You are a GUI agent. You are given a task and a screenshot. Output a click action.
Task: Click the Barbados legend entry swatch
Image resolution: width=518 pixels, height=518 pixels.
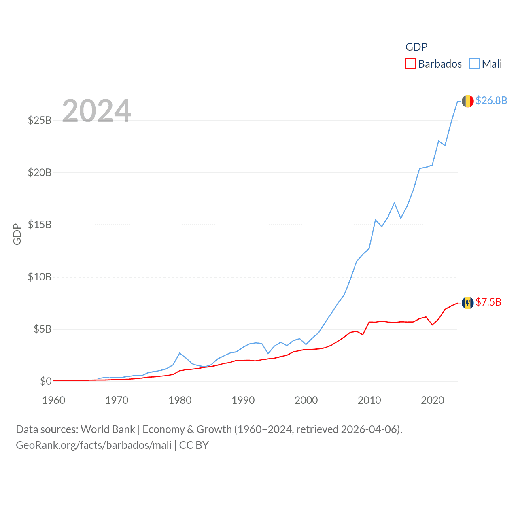click(411, 64)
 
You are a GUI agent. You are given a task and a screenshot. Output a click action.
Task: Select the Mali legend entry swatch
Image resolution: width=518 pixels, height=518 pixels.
click(475, 64)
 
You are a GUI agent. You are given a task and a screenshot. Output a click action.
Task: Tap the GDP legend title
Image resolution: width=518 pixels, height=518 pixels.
click(416, 47)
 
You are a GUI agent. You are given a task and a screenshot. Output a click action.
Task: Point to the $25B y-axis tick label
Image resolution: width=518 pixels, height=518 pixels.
click(40, 120)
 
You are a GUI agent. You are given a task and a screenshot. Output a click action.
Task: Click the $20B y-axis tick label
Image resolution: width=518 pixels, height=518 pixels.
click(40, 172)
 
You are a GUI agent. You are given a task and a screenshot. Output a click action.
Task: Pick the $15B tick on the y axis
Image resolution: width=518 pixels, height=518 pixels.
click(40, 225)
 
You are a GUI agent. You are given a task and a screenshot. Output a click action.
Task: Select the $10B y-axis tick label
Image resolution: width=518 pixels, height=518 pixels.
click(40, 277)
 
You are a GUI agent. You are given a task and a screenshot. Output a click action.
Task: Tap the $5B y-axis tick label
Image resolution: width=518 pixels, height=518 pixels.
click(42, 329)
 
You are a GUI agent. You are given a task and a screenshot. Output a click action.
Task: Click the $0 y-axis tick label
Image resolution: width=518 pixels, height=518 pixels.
click(46, 381)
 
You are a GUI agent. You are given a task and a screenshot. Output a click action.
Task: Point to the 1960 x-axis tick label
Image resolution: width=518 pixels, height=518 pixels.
click(54, 400)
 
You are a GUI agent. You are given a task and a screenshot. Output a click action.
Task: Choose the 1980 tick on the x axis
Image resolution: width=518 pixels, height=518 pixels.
click(180, 400)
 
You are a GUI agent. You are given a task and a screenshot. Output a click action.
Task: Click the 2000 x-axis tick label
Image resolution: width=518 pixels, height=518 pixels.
click(306, 400)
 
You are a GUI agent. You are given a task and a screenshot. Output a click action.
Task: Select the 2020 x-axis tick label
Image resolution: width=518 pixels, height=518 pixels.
click(433, 400)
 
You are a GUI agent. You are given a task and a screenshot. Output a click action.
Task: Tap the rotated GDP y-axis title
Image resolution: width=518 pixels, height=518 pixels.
click(17, 234)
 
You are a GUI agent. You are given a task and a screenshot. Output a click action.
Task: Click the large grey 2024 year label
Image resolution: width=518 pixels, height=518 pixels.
click(97, 110)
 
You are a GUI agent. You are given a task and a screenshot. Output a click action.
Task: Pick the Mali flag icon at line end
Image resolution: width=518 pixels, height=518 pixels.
click(468, 101)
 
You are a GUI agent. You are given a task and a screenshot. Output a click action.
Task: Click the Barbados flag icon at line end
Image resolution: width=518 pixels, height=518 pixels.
click(468, 303)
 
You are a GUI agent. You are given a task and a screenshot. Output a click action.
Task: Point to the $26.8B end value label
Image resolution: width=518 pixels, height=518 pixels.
click(491, 100)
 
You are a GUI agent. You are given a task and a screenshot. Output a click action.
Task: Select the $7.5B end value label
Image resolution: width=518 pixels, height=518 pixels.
click(488, 302)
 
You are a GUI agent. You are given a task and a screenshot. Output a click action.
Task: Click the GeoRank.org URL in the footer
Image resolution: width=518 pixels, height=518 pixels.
click(94, 445)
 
